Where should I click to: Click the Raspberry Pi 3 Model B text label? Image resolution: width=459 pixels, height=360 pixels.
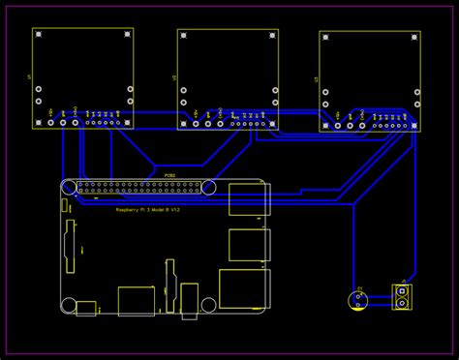147,209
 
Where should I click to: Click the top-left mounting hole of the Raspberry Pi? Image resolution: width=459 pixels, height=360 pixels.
69,186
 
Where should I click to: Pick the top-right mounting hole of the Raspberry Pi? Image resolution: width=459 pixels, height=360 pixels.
208,186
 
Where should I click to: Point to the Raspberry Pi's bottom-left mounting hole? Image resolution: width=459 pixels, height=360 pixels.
69,304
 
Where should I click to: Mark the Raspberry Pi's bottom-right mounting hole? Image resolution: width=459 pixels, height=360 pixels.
208,304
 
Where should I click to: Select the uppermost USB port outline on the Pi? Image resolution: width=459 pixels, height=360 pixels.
249,198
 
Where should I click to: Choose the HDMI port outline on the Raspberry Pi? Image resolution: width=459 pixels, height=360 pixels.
136,301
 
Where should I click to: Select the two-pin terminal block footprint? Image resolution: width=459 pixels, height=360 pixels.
401,296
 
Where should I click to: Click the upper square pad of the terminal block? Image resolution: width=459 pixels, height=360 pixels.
401,290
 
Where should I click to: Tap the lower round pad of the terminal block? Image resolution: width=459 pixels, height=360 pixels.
401,303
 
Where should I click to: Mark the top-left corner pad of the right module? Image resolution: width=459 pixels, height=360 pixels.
325,37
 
